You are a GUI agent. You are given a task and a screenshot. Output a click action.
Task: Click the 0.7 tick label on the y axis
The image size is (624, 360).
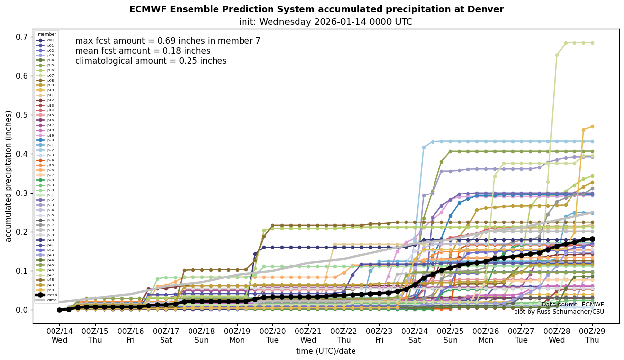coord(22,37)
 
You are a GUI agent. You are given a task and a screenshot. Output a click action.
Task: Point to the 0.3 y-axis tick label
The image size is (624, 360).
coord(22,193)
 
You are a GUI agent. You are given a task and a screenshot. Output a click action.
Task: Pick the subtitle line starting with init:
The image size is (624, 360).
coord(326,22)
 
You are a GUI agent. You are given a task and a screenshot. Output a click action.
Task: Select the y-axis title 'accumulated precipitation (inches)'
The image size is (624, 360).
coord(9,176)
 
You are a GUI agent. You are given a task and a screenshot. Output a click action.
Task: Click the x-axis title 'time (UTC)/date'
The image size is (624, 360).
coord(326,351)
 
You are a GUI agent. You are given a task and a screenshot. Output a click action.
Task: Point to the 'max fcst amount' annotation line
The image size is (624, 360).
coord(167,41)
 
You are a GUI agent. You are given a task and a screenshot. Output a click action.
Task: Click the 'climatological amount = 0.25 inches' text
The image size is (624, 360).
coord(151,61)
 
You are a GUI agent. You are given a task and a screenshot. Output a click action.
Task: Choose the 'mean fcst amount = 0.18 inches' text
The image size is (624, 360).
coord(142,51)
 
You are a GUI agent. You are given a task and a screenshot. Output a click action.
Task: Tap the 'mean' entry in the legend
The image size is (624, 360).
coord(51,295)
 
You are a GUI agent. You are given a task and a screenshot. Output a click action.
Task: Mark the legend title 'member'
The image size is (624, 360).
coord(47,34)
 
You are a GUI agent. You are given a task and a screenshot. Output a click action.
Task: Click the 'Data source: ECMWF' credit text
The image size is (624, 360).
coord(572,305)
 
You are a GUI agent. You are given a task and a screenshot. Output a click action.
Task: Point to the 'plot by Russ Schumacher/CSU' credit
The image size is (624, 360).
coord(559,312)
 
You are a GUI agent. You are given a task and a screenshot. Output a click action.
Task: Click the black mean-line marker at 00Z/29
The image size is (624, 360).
coord(592,239)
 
